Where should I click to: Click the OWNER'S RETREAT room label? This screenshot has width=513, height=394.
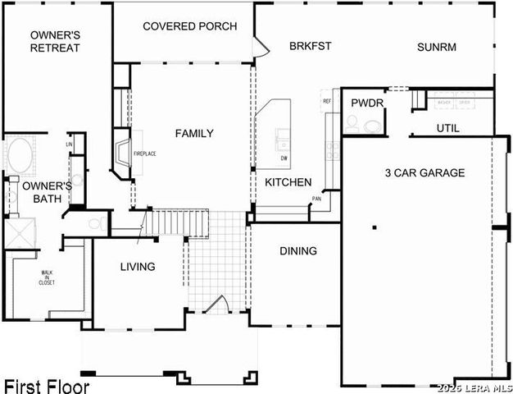pyautogui.click(x=55, y=41)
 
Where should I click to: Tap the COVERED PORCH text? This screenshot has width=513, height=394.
pyautogui.click(x=189, y=26)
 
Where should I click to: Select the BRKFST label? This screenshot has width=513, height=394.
pyautogui.click(x=310, y=46)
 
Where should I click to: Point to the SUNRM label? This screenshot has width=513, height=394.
pyautogui.click(x=436, y=46)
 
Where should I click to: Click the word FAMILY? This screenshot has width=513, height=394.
pyautogui.click(x=194, y=133)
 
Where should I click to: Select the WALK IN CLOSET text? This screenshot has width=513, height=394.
pyautogui.click(x=47, y=278)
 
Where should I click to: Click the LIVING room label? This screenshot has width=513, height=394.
pyautogui.click(x=138, y=267)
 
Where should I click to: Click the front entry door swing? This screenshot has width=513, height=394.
pyautogui.click(x=215, y=305)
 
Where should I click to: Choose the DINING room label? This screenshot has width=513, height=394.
pyautogui.click(x=298, y=250)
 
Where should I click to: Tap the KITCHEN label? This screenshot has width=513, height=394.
pyautogui.click(x=288, y=182)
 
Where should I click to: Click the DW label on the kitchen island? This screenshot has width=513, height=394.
pyautogui.click(x=284, y=158)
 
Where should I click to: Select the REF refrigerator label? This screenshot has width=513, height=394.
pyautogui.click(x=327, y=101)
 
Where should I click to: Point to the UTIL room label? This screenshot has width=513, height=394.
pyautogui.click(x=447, y=128)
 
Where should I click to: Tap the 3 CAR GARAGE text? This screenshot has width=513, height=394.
pyautogui.click(x=424, y=172)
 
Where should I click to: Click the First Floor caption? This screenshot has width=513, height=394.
pyautogui.click(x=46, y=385)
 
